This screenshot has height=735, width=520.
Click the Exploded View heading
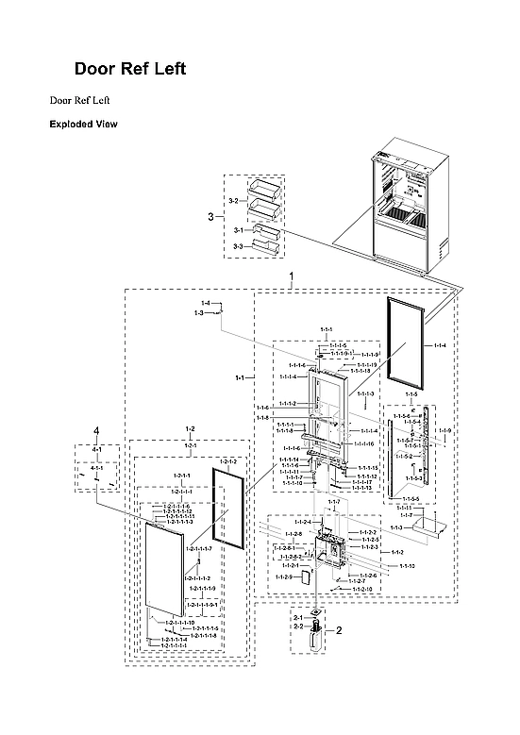click(83, 124)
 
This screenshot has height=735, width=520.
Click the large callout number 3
click(210, 217)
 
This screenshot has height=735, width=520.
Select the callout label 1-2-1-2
click(227, 460)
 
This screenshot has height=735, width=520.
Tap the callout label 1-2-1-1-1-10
click(179, 623)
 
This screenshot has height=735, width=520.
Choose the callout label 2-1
click(298, 618)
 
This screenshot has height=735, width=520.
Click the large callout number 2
click(338, 628)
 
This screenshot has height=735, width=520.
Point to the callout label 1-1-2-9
click(283, 576)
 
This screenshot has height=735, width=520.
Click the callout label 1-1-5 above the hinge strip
click(411, 393)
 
